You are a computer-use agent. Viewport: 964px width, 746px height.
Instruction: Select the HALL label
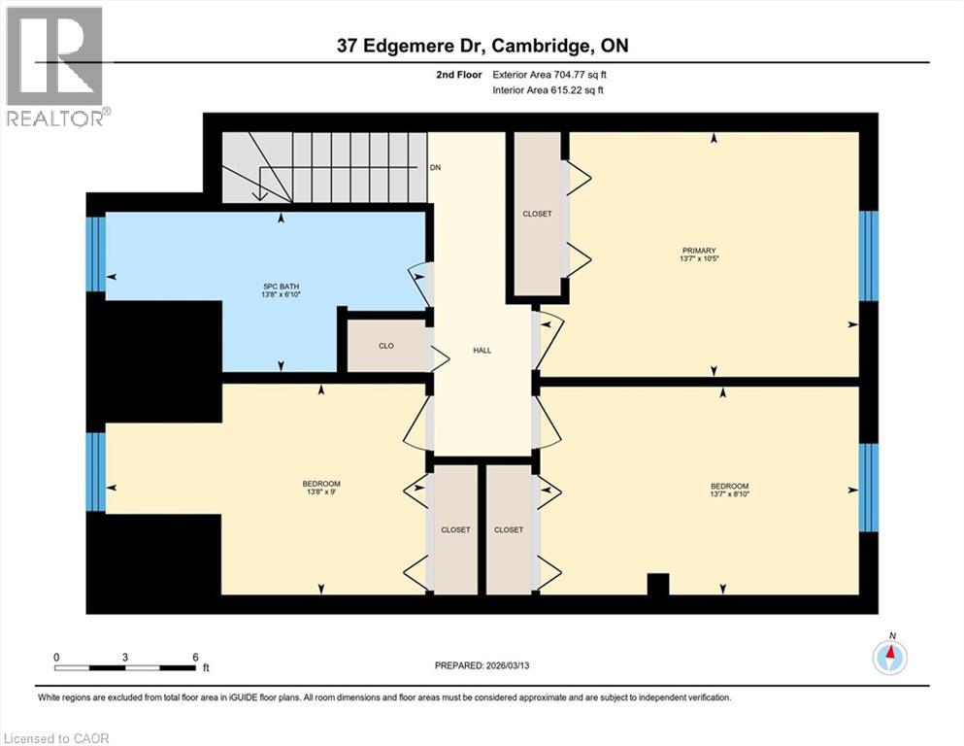tap(482, 351)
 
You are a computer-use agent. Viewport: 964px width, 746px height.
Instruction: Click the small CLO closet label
tap(384, 345)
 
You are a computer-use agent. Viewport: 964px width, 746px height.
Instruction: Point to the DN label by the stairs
tap(436, 167)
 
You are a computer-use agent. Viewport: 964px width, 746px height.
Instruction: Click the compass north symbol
tap(889, 656)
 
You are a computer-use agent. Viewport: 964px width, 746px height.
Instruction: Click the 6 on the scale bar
tap(195, 657)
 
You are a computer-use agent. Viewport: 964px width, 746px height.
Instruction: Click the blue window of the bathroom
tap(95, 254)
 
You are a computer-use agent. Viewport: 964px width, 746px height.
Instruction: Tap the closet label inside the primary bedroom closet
tap(537, 214)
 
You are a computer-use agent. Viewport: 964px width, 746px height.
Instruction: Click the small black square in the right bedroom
tap(658, 583)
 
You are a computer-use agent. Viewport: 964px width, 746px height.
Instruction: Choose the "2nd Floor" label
tap(459, 74)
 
